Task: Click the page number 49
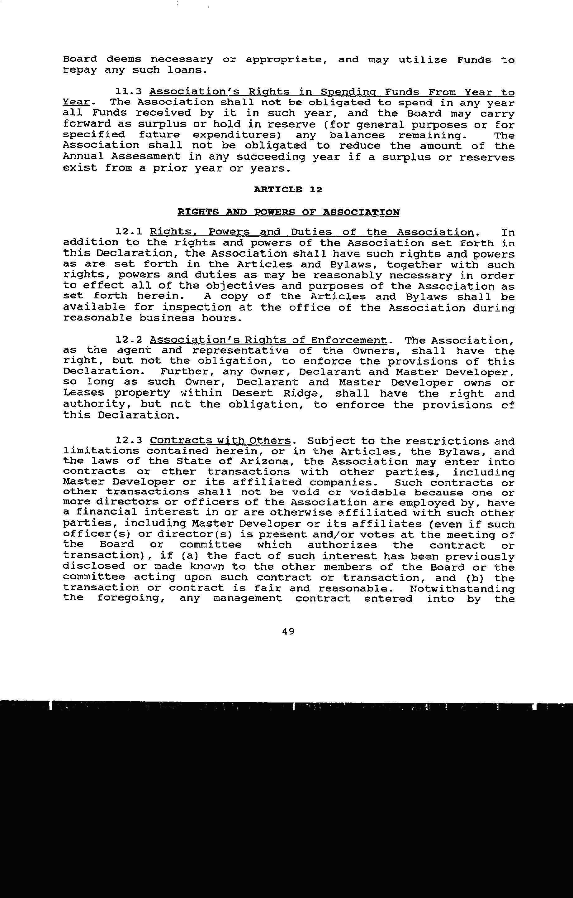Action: coord(288,631)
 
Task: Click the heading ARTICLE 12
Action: coord(288,190)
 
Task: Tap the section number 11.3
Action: coord(129,92)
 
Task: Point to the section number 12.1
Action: coord(129,232)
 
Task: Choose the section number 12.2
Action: coord(129,340)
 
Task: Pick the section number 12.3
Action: coord(129,441)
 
